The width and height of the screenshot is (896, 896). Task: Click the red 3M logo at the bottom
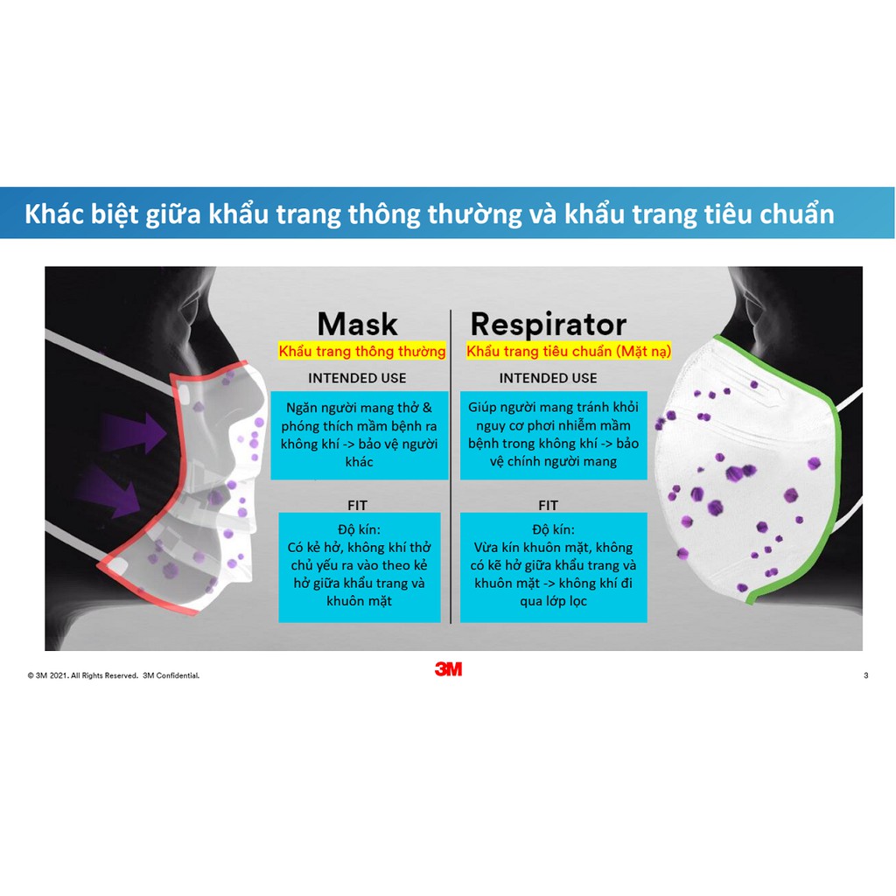click(448, 669)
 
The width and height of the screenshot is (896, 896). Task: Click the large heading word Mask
click(357, 324)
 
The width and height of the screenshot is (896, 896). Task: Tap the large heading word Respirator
click(548, 325)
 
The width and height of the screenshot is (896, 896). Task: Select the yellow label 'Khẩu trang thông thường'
click(362, 352)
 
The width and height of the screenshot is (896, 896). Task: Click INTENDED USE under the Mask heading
click(357, 378)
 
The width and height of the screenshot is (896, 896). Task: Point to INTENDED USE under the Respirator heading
click(548, 378)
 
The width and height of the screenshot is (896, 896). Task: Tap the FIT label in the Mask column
click(357, 505)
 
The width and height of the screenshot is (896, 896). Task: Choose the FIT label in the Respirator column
click(548, 505)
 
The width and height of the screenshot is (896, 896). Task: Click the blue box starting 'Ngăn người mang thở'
click(359, 434)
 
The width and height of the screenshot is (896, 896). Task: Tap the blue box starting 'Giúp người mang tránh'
click(553, 434)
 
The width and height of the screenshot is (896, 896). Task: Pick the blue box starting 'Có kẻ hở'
click(359, 566)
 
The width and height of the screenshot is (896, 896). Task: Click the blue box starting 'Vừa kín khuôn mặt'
click(553, 566)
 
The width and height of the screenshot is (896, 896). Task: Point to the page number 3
click(865, 675)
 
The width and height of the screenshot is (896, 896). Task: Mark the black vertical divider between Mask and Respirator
click(451, 464)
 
